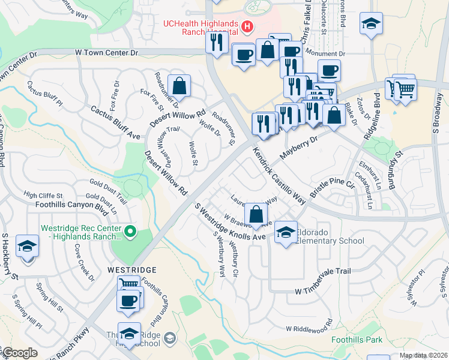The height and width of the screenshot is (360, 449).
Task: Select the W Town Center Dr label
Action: [x=107, y=53]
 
